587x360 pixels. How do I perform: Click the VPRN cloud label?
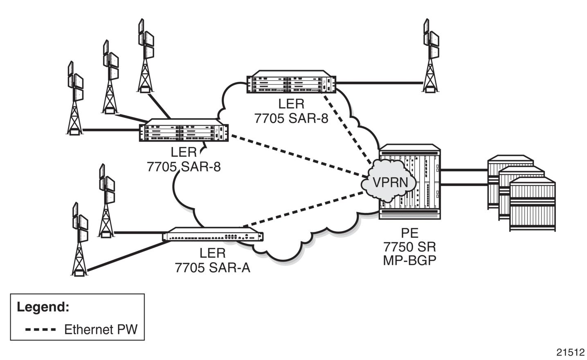tap(391, 182)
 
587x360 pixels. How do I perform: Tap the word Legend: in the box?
tap(43, 306)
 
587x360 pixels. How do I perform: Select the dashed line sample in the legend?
tap(40, 329)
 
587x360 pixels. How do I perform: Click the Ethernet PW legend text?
tap(101, 329)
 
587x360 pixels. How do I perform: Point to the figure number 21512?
tap(570, 352)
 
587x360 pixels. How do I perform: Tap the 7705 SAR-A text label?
tap(213, 268)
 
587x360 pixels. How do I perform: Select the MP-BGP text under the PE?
tap(409, 261)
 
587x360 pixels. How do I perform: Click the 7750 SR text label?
tap(409, 247)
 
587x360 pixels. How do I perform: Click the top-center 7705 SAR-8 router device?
tap(291, 81)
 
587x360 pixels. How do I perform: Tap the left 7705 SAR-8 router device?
tap(184, 130)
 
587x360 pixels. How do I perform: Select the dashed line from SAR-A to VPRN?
tap(303, 209)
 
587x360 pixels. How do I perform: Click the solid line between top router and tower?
tap(379, 83)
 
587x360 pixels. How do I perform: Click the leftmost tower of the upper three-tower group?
tap(75, 98)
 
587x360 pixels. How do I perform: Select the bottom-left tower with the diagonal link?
tap(79, 239)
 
